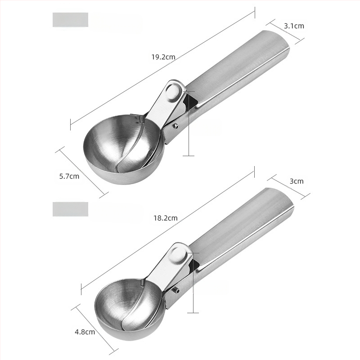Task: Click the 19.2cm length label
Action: pos(163,57)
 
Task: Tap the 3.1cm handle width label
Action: pos(294,26)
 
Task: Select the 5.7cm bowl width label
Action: pos(69,176)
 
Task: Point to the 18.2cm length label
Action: pos(166,218)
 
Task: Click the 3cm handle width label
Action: pos(297,181)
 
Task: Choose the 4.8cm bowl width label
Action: pos(85,332)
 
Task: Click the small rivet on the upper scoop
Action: pos(176,126)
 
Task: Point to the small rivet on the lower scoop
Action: pos(177,290)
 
